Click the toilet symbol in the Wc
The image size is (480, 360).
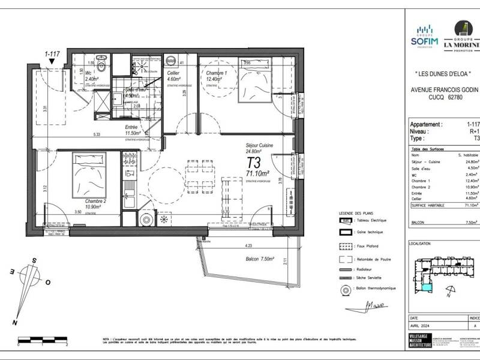[103, 65]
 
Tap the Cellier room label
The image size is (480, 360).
[173, 76]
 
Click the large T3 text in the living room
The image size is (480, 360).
[254, 163]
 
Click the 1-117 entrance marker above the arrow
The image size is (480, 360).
[53, 54]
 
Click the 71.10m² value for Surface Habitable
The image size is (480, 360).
[472, 205]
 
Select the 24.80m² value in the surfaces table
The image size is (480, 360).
[472, 161]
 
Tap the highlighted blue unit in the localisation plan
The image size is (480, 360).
[425, 288]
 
